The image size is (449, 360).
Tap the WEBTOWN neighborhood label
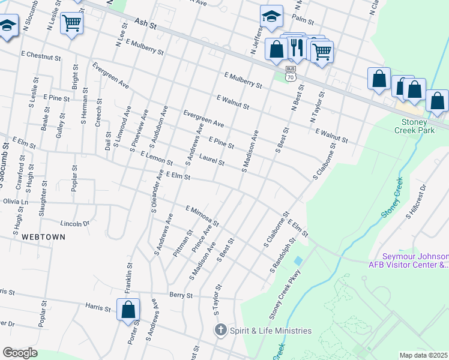pos(43,237)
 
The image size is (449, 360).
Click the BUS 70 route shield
pos(291,73)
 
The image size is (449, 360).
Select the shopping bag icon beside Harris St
pos(128,310)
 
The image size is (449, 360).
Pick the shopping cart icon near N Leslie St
pos(71,23)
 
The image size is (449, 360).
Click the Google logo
pos(20,353)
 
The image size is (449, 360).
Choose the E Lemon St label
pos(156,158)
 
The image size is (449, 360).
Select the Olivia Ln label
pos(15,202)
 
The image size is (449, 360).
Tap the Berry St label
pos(179,295)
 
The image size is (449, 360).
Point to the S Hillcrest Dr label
pos(415,200)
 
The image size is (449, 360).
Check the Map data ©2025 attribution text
pos(424,355)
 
